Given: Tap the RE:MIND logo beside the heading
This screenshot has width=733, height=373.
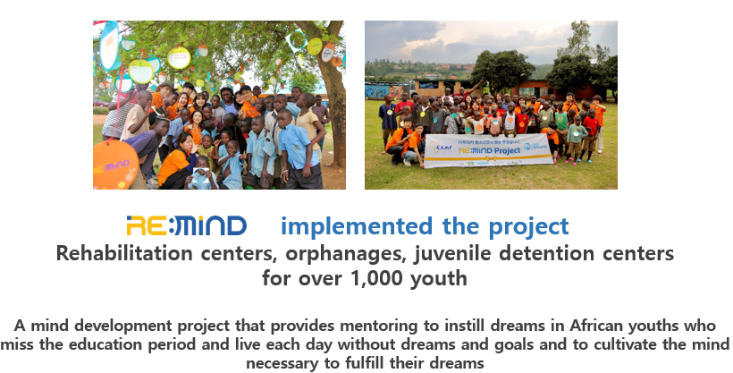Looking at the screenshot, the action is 187,225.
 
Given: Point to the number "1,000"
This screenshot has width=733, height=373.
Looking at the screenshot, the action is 376,278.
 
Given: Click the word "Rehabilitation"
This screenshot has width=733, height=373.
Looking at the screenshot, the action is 124,254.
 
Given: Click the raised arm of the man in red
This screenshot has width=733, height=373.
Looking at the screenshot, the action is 476,85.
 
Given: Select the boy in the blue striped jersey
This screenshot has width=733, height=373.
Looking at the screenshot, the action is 388,120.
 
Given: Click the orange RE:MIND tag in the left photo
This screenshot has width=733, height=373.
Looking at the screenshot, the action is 114,165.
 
